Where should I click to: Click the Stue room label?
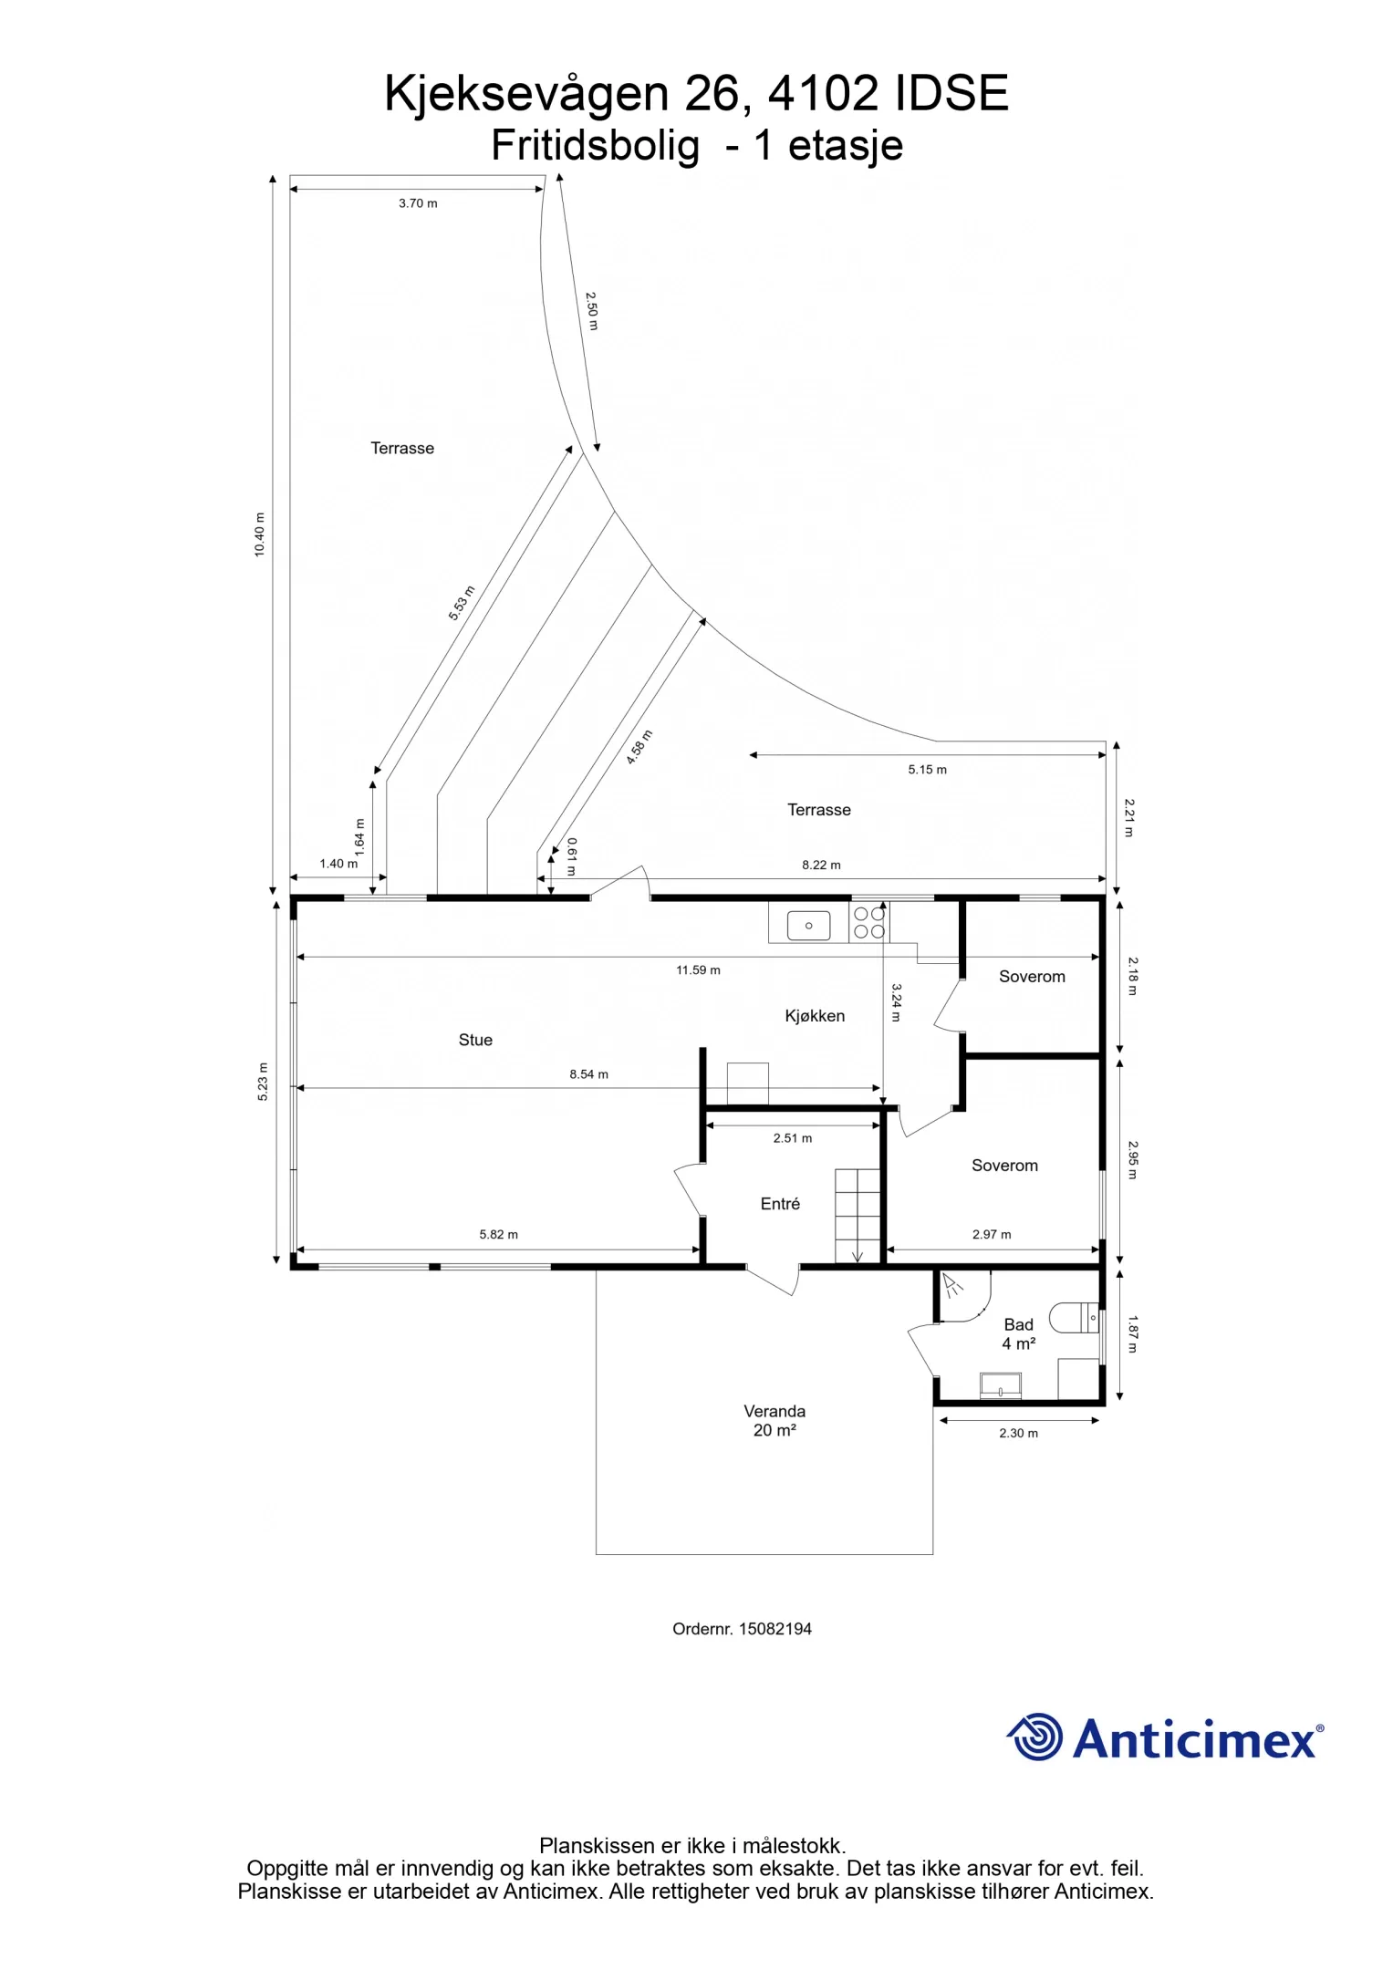475,1040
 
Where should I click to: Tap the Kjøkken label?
815,1016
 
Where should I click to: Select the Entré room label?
780,1204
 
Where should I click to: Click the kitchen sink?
808,926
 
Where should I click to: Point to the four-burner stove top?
869,922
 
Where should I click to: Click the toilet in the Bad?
1075,1318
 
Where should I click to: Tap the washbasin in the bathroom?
1001,1385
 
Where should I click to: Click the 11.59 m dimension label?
698,970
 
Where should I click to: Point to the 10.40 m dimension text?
260,534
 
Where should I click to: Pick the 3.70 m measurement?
418,203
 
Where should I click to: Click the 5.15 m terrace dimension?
927,770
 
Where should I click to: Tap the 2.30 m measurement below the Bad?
1018,1433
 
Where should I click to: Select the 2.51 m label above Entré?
792,1138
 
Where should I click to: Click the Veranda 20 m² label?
774,1421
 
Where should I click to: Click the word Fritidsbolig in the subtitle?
596,145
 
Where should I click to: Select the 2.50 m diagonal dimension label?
592,311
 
